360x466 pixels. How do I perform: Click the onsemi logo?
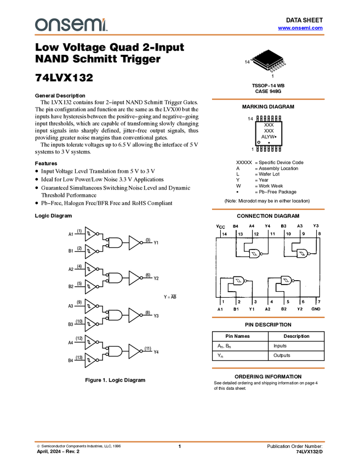tap(71, 25)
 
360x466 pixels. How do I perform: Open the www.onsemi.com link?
tap(300, 28)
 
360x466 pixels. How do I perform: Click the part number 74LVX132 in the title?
tap(64, 77)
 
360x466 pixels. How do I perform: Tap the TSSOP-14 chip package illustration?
tap(269, 61)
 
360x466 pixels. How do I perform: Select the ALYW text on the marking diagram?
tap(268, 137)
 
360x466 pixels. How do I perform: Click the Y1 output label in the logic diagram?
tap(156, 243)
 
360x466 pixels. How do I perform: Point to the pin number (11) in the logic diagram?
tap(147, 348)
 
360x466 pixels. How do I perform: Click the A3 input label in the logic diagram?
tap(71, 306)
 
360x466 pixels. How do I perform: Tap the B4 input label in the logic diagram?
tap(71, 361)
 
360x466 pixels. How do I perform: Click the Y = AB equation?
tap(170, 297)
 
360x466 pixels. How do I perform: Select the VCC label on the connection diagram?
tap(220, 226)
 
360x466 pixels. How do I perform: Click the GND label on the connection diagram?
tap(316, 309)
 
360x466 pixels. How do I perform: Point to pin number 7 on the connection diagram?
tap(319, 302)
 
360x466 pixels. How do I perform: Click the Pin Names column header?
tap(237, 336)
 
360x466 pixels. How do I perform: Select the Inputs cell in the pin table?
tap(280, 346)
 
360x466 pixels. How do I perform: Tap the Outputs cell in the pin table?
tap(282, 355)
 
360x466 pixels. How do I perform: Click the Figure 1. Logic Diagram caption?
tap(115, 380)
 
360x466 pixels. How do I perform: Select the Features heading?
tap(46, 163)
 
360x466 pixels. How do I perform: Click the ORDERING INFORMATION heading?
tap(268, 377)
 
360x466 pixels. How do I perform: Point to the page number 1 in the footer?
tap(179, 446)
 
